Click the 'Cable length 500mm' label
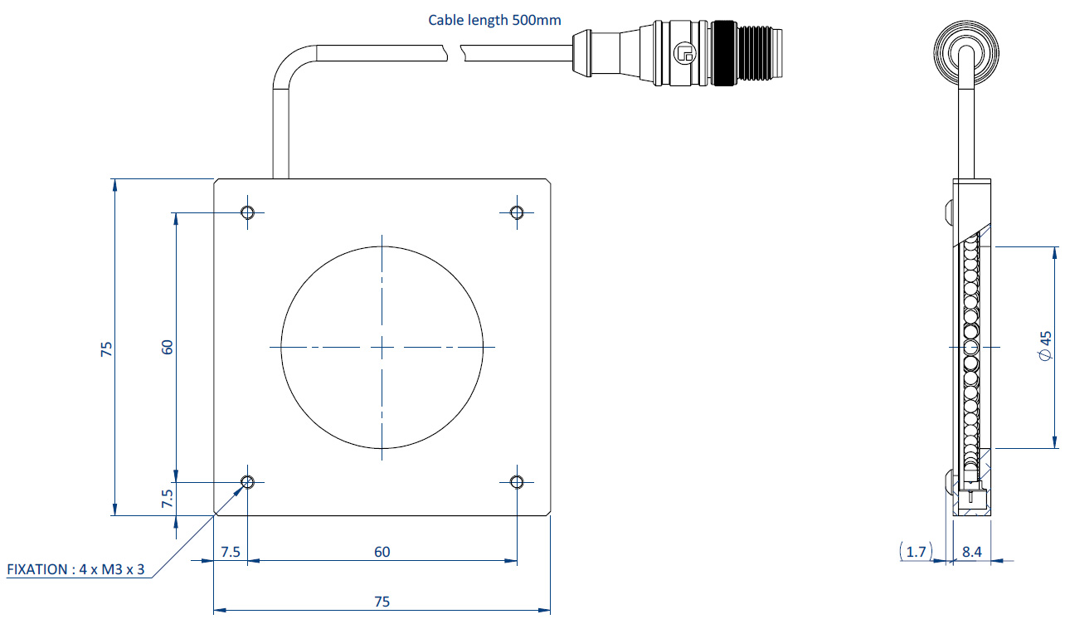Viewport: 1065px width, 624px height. point(494,20)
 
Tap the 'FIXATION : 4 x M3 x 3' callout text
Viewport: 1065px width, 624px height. point(75,569)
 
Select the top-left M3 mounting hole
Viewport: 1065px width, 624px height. point(248,212)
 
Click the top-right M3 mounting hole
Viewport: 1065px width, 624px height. point(517,212)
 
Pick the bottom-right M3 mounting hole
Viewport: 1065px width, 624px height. point(517,482)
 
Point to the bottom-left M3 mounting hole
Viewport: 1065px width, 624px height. point(248,482)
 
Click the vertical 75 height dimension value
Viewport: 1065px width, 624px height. point(106,349)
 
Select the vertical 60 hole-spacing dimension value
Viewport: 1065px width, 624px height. point(168,347)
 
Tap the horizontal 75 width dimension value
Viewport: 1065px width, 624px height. point(382,602)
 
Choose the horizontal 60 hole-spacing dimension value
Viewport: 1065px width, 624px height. point(382,552)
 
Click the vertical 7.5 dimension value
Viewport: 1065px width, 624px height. point(168,499)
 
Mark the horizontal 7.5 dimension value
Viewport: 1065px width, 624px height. point(231,552)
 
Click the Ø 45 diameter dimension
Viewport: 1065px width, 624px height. point(1045,346)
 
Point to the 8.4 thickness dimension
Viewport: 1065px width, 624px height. point(972,552)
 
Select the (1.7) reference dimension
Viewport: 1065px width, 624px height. point(917,552)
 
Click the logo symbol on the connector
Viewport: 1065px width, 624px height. point(683,52)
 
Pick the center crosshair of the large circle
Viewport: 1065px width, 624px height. point(382,347)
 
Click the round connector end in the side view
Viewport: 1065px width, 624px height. point(966,52)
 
